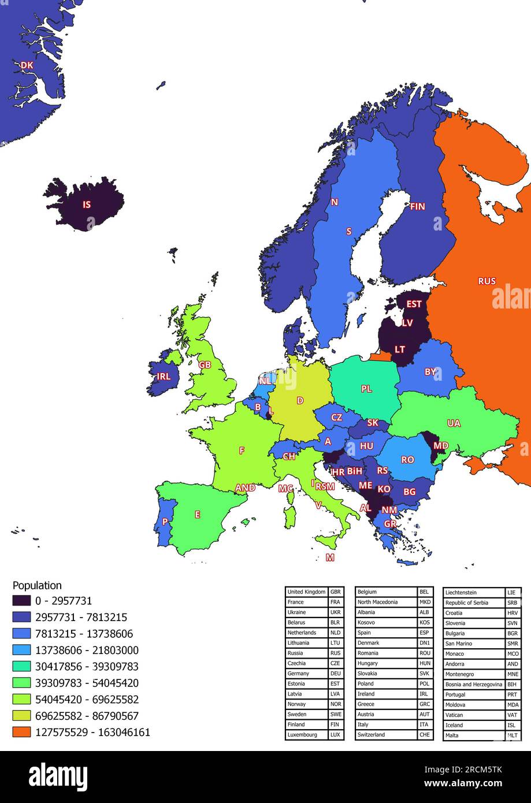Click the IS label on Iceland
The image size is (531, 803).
(x=87, y=205)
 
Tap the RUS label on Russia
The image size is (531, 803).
(x=487, y=281)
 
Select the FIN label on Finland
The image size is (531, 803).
(x=417, y=206)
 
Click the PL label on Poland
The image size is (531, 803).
(x=366, y=389)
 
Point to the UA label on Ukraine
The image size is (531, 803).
(x=454, y=423)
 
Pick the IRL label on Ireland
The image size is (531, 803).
(x=164, y=377)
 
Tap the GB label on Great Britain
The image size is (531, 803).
(x=205, y=365)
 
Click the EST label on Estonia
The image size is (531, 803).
(x=414, y=304)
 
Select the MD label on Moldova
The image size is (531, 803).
(x=440, y=446)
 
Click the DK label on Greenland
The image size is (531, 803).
(x=27, y=66)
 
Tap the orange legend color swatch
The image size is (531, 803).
(x=21, y=732)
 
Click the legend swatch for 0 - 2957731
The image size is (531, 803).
(x=21, y=601)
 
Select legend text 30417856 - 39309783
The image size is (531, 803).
(x=87, y=667)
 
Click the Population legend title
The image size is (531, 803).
(x=37, y=585)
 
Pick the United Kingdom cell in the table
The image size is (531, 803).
(x=306, y=592)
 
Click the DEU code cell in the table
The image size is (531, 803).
(x=336, y=674)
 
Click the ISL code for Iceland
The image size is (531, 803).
(x=513, y=725)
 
